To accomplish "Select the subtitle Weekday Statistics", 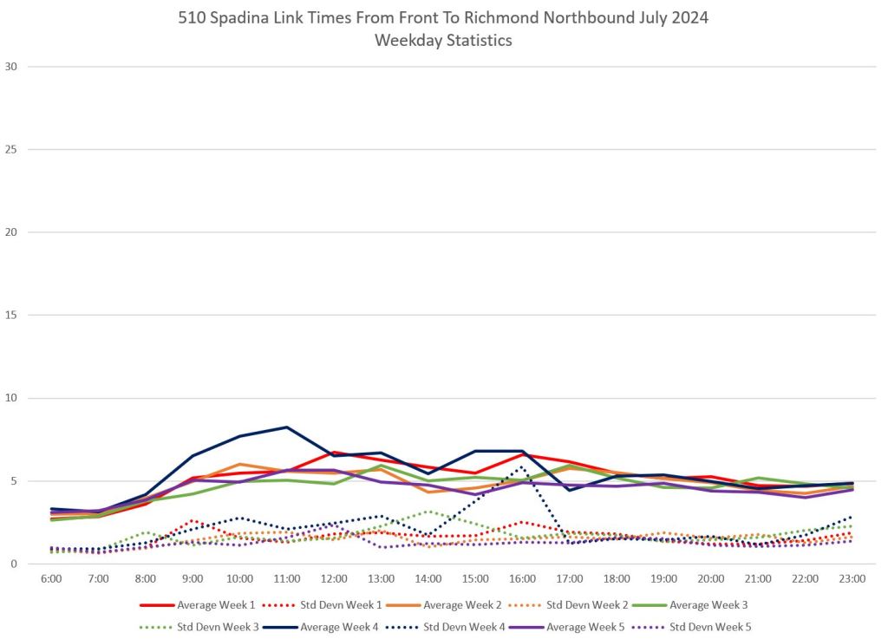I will point(443,40).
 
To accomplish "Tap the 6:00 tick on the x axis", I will point(51,577).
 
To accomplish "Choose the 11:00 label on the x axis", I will point(287,577).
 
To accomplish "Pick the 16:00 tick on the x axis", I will point(522,577).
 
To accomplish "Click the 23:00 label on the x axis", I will point(852,577).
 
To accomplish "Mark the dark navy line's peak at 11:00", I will point(287,427).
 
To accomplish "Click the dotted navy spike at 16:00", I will point(521,467).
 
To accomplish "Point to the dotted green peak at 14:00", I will point(428,512).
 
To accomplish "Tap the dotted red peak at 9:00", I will point(193,520).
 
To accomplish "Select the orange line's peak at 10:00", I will point(240,464).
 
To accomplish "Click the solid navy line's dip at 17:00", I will point(570,490).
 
